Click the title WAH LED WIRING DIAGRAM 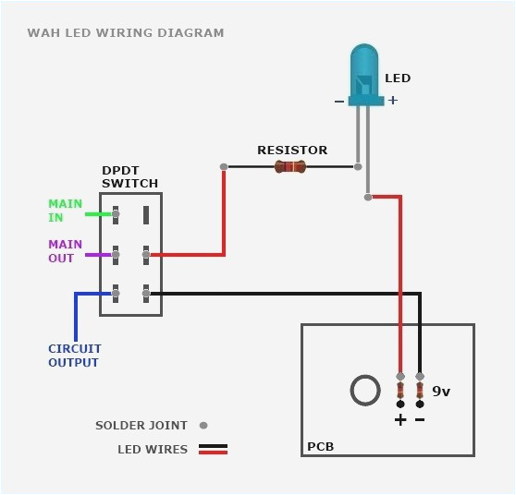point(126,33)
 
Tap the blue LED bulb point(363,69)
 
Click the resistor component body point(289,167)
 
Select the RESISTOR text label point(292,150)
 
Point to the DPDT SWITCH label point(129,177)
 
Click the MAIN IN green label point(65,211)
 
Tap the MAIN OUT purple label point(65,251)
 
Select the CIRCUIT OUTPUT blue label point(75,356)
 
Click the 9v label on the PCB point(441,392)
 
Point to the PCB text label point(320,447)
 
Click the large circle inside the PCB point(365,390)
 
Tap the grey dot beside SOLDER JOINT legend point(203,426)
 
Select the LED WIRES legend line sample point(212,450)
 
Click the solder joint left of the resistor point(224,167)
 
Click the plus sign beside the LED point(393,100)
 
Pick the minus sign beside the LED point(338,101)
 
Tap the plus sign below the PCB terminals point(399,420)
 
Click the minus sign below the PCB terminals point(420,420)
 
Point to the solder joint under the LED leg point(368,197)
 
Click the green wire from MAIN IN point(98,214)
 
